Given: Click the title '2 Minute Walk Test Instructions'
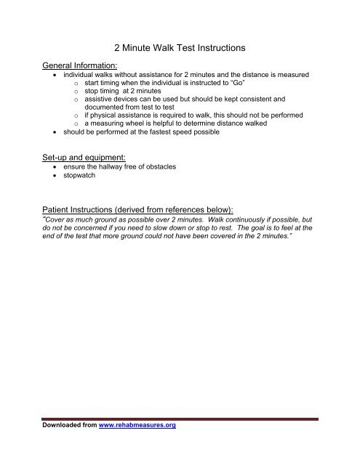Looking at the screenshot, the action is (x=180, y=48).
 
